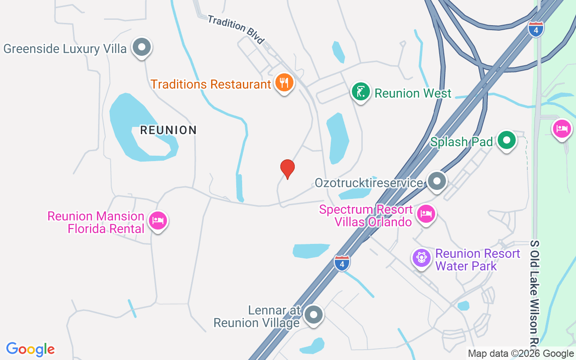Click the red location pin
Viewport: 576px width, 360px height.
[287, 168]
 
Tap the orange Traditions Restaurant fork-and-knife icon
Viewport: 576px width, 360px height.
[284, 83]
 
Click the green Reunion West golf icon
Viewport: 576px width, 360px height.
[360, 92]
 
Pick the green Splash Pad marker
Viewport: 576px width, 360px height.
[507, 140]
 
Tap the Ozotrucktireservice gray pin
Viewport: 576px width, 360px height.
[436, 181]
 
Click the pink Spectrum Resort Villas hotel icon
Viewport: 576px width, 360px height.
[426, 214]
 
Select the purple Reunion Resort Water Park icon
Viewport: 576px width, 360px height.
[422, 258]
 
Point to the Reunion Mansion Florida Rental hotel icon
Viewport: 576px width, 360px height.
[157, 221]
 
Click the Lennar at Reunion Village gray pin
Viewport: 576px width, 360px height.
[313, 315]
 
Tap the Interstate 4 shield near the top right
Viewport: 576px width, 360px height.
[535, 29]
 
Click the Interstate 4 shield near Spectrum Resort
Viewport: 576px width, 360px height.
[342, 263]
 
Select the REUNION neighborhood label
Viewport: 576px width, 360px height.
[168, 130]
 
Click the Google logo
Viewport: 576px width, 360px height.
[31, 349]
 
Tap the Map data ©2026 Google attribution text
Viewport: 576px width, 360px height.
[521, 354]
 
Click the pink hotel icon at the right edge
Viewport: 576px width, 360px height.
[562, 129]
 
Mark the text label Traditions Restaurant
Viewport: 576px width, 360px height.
[211, 84]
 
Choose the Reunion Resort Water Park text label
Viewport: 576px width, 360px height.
[477, 260]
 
